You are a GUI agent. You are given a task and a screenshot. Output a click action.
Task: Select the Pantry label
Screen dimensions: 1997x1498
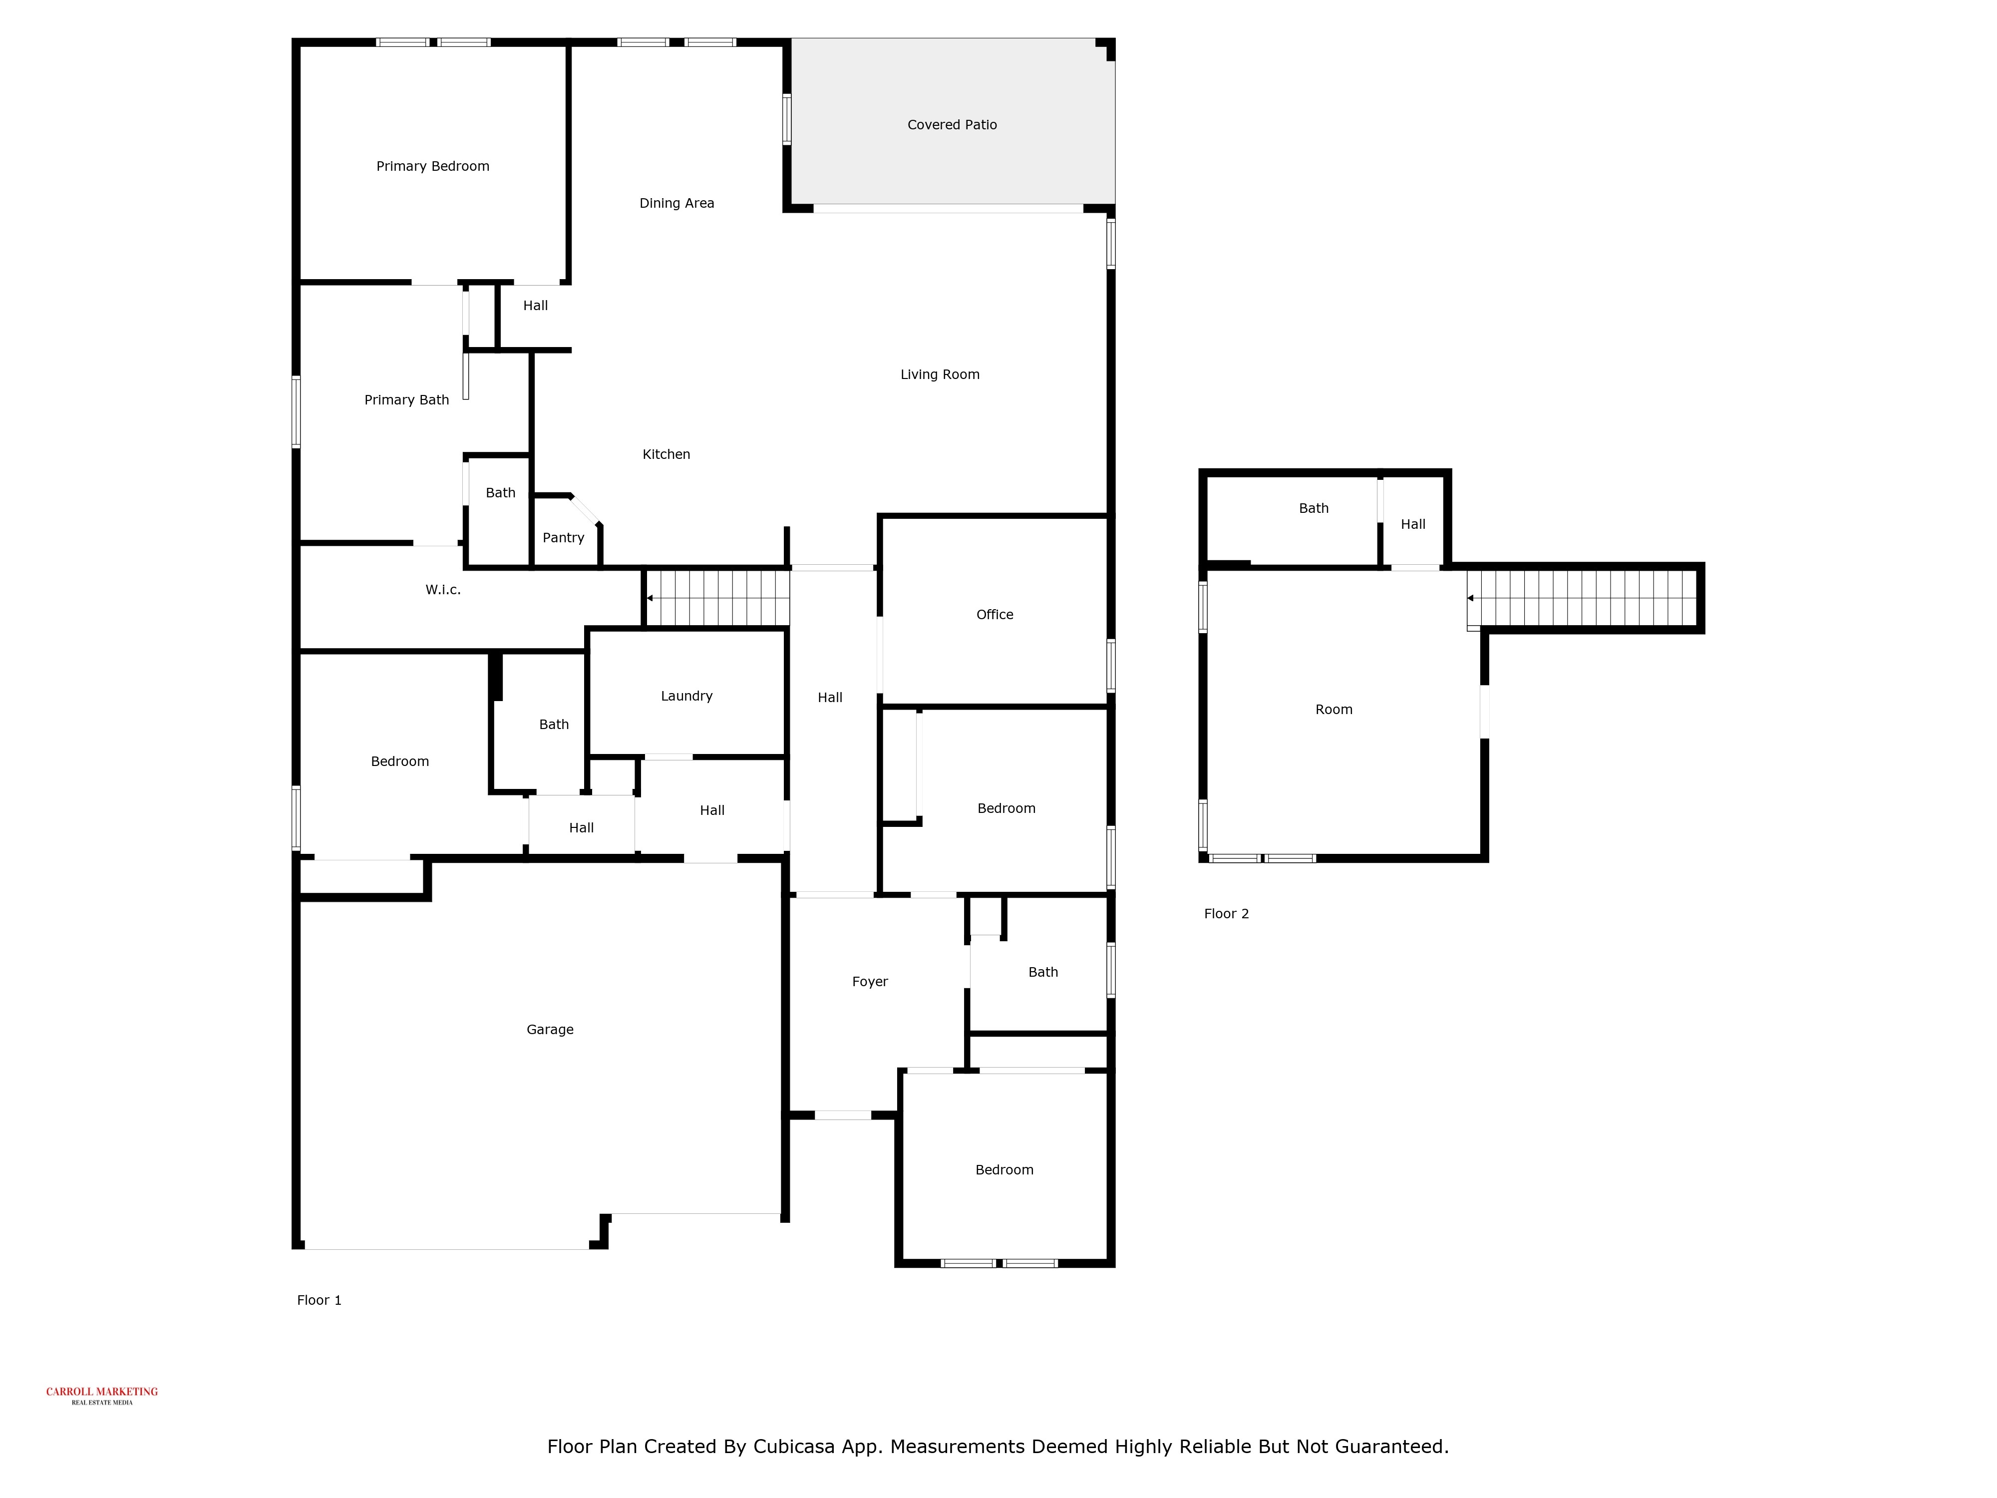563,537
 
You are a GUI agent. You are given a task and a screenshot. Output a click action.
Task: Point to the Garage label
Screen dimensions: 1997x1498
550,1029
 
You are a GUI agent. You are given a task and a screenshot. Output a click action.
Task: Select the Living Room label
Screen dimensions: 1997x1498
939,374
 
